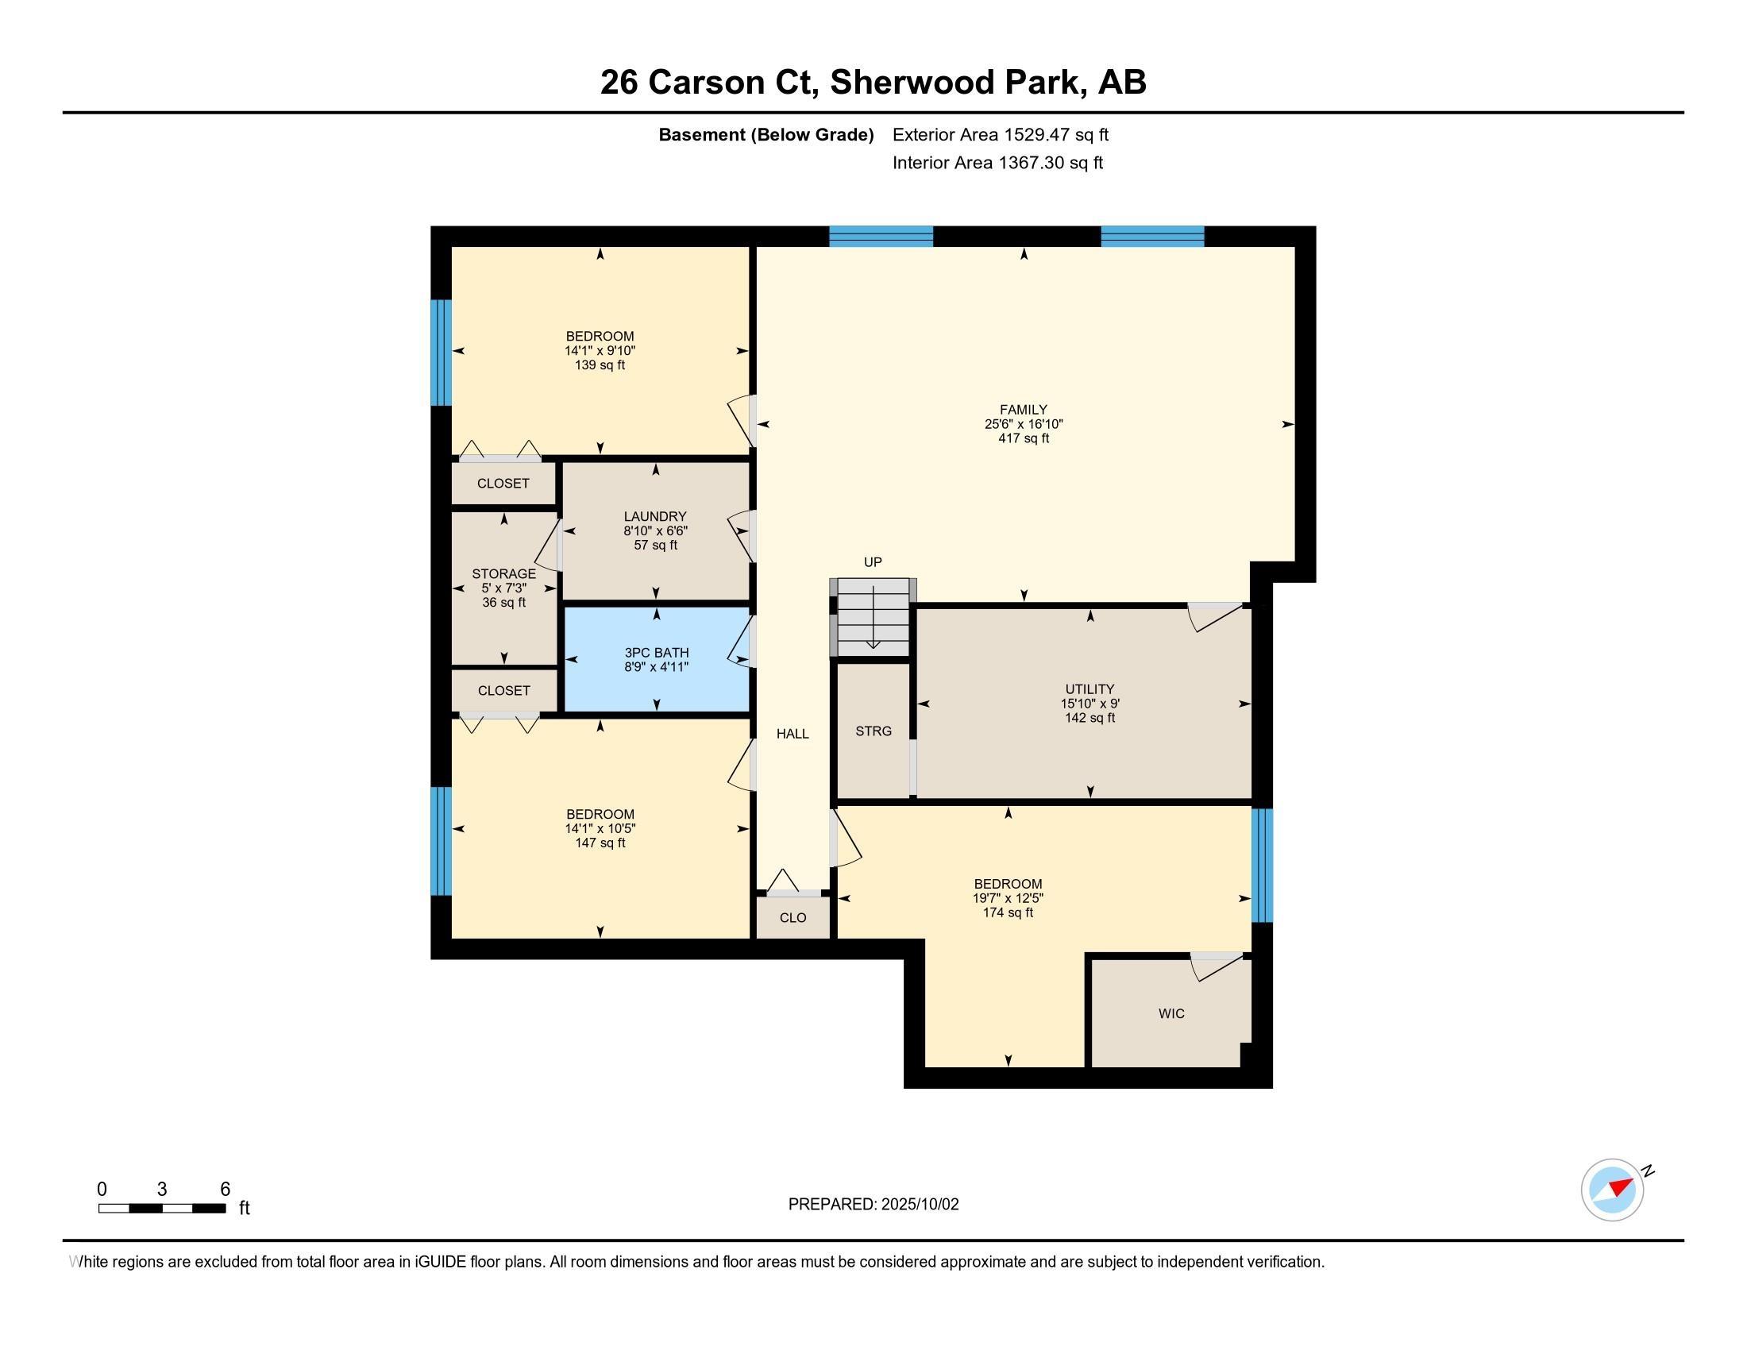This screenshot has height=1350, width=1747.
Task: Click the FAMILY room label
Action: click(x=1023, y=410)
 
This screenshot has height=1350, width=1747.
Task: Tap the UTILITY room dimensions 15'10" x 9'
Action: click(x=1089, y=704)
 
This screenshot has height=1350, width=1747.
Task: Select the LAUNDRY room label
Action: click(x=655, y=517)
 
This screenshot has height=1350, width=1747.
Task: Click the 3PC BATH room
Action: click(x=656, y=660)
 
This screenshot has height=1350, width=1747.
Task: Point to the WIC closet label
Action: click(x=1171, y=1013)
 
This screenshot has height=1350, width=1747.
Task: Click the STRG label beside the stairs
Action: click(x=873, y=731)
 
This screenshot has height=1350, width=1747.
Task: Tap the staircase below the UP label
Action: click(x=873, y=616)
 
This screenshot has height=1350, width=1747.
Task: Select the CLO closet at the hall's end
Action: click(x=793, y=917)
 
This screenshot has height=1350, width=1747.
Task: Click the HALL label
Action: click(x=793, y=734)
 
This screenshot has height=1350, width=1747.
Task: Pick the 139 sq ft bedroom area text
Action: click(x=599, y=365)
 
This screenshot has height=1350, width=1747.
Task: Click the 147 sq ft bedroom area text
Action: click(x=600, y=843)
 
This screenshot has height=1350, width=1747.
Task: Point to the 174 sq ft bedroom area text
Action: click(x=1008, y=912)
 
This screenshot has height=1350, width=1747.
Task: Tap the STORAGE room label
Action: click(x=503, y=573)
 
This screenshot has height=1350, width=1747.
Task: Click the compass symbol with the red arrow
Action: click(x=1612, y=1190)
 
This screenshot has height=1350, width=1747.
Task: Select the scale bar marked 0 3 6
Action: click(x=161, y=1208)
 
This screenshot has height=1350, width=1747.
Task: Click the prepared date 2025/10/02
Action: click(x=919, y=1205)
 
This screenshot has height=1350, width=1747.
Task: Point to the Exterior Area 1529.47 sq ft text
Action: click(x=1000, y=134)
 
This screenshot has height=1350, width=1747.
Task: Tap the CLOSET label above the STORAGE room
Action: click(x=503, y=483)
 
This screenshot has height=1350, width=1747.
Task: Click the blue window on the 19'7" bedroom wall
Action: click(x=1262, y=866)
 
